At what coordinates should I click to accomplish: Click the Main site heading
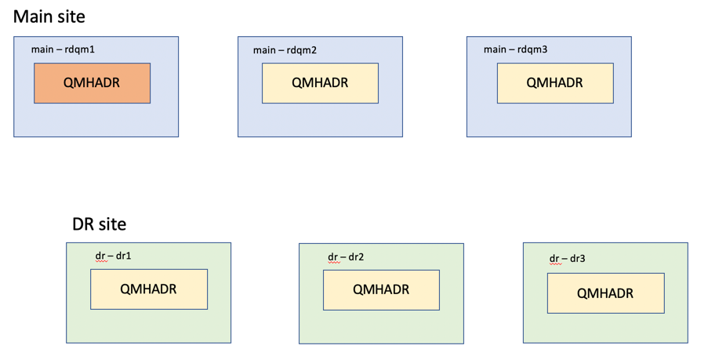[49, 16]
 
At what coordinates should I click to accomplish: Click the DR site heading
[100, 224]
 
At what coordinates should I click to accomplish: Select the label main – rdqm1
[63, 49]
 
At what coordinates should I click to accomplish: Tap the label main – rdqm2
[285, 50]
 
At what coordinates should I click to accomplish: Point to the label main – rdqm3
[515, 49]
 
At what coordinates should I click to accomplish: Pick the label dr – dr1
[113, 256]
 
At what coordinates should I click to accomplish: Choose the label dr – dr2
[346, 257]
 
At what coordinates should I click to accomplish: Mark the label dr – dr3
[567, 259]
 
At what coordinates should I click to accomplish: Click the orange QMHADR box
[92, 83]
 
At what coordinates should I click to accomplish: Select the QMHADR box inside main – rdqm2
[320, 83]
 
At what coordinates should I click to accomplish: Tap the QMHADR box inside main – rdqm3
[555, 83]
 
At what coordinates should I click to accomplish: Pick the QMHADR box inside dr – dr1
[149, 289]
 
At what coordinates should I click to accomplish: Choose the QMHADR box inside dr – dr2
[382, 290]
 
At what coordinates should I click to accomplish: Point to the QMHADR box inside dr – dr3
[606, 293]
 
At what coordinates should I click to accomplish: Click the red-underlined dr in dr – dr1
[100, 256]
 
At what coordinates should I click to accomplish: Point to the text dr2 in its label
[356, 257]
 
